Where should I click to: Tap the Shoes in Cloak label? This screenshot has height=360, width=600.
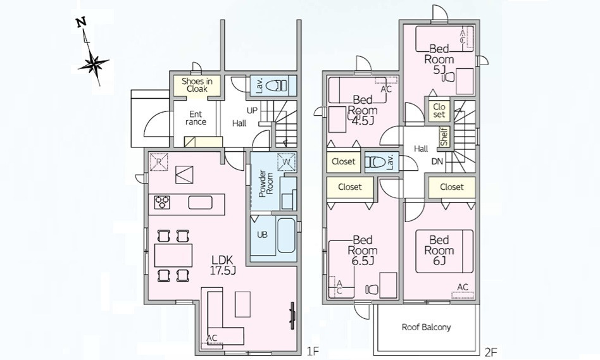click(x=197, y=85)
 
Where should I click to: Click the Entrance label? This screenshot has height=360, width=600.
click(x=196, y=118)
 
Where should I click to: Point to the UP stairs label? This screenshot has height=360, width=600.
click(x=252, y=111)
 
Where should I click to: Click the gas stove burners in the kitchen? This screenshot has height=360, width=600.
click(x=162, y=202)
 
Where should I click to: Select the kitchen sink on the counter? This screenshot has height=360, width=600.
click(x=200, y=202)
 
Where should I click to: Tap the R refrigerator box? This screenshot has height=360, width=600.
click(x=158, y=162)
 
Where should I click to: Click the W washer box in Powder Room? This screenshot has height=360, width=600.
click(x=287, y=162)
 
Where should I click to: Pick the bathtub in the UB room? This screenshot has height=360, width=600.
click(x=286, y=235)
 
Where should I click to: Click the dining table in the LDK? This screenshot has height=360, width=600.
click(x=173, y=255)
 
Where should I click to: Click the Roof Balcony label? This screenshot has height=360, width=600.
click(x=426, y=327)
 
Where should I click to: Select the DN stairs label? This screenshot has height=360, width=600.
click(x=437, y=161)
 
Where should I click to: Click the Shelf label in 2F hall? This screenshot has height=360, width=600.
click(x=444, y=137)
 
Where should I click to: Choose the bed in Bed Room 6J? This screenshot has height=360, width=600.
click(x=444, y=251)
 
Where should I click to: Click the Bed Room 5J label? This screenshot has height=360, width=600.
click(x=439, y=59)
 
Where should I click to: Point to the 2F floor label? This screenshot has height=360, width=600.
click(x=491, y=352)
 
